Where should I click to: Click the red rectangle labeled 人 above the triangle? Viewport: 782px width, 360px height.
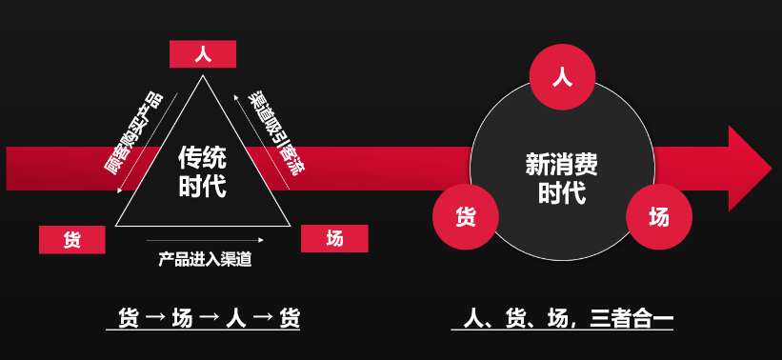(x=203, y=54)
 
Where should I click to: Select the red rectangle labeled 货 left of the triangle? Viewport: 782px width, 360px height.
(x=72, y=240)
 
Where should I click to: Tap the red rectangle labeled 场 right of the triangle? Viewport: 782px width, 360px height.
(x=334, y=238)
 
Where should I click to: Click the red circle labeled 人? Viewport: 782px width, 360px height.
(x=562, y=77)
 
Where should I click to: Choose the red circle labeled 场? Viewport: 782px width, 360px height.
(x=659, y=215)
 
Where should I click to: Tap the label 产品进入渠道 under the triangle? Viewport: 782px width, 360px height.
(x=205, y=259)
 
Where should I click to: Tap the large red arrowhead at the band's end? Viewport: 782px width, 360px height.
(x=749, y=169)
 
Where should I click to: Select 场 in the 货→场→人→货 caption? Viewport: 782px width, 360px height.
(x=181, y=318)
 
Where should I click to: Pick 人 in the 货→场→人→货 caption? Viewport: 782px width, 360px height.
(x=235, y=318)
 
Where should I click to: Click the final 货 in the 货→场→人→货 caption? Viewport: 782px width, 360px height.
(x=289, y=318)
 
